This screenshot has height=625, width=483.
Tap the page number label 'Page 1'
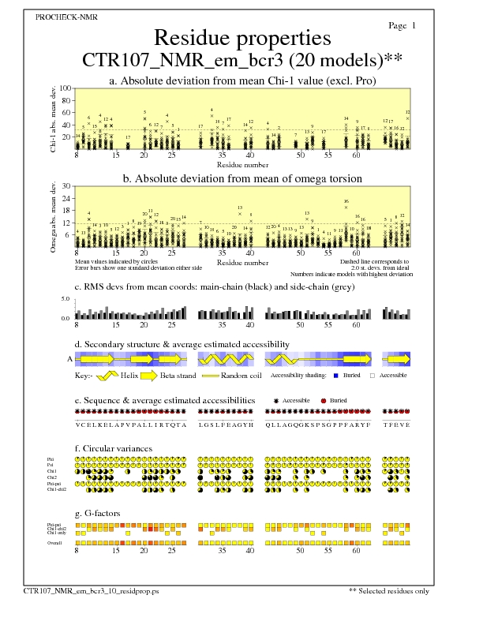(402, 26)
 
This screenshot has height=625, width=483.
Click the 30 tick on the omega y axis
(67, 186)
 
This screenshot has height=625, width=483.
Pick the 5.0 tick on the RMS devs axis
(66, 299)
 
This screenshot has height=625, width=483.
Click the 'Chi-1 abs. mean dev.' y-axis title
(53, 118)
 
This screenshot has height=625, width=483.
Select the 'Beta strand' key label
(178, 376)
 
